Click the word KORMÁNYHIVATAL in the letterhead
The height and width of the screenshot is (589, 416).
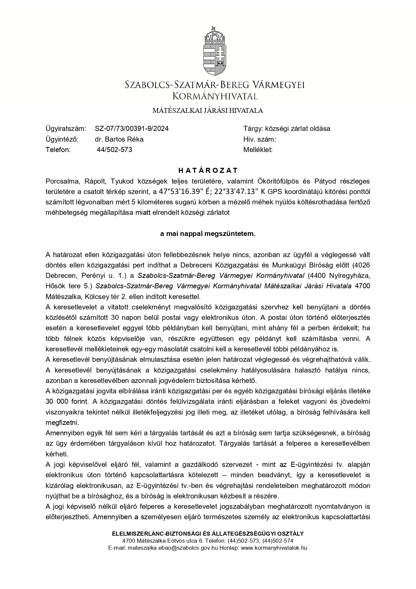coord(215,97)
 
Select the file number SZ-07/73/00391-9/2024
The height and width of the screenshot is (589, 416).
coord(132,129)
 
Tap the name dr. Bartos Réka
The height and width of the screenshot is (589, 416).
coord(119,139)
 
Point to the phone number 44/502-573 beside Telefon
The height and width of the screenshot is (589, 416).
coord(114,150)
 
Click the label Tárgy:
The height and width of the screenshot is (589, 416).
coord(253,129)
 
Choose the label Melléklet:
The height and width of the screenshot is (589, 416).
coord(258,150)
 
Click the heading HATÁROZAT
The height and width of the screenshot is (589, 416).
coord(208,170)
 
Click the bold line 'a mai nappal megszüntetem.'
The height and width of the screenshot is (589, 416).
coord(208,234)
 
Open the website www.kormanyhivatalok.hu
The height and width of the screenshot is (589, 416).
coord(274,548)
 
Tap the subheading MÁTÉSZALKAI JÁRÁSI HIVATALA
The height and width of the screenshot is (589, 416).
coord(208,110)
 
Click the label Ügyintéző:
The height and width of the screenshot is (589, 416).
coord(62,139)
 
